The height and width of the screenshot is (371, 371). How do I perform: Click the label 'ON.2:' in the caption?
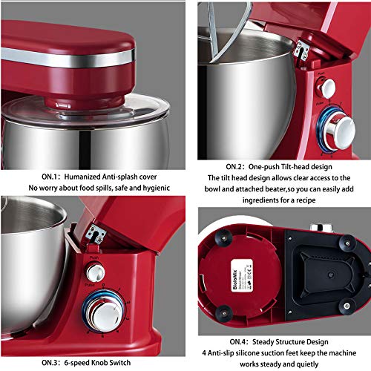coord(220,168)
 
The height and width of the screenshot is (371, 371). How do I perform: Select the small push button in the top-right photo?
coord(326,88)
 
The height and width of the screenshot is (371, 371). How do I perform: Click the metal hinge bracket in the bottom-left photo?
coord(94,234)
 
